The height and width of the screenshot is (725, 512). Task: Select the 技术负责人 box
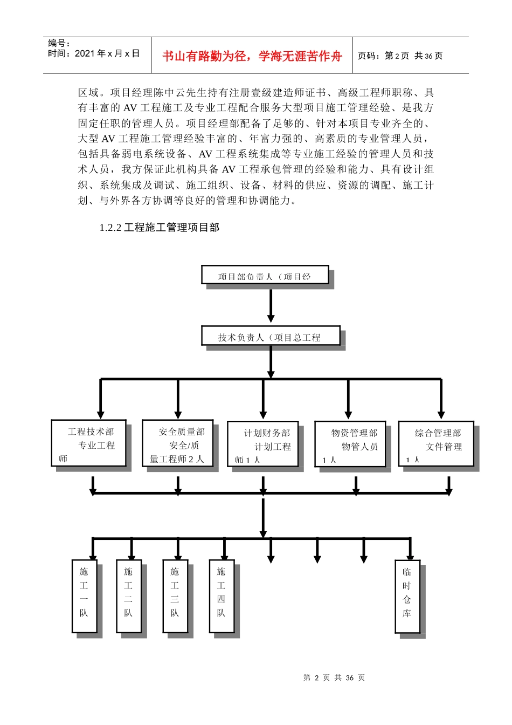click(271, 336)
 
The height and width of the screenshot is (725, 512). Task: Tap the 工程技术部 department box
click(88, 443)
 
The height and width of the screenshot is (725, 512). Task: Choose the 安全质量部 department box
click(177, 443)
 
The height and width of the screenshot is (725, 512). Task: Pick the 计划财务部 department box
click(262, 444)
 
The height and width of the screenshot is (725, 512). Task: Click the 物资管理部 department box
click(350, 444)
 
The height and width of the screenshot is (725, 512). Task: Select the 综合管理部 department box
click(435, 444)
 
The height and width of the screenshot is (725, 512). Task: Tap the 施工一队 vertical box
click(84, 596)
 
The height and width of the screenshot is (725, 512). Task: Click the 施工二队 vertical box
click(128, 596)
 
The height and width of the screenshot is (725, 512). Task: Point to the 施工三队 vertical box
click(175, 596)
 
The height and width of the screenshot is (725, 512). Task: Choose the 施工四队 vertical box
click(221, 596)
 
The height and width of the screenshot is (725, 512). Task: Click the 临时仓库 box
click(407, 596)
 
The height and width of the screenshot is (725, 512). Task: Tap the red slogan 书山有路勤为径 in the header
click(252, 56)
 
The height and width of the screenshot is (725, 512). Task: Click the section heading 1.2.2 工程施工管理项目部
click(160, 228)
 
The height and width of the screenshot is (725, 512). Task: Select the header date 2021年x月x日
click(94, 53)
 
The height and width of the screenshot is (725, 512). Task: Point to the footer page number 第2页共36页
click(334, 678)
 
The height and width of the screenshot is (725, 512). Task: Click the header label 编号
click(59, 43)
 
